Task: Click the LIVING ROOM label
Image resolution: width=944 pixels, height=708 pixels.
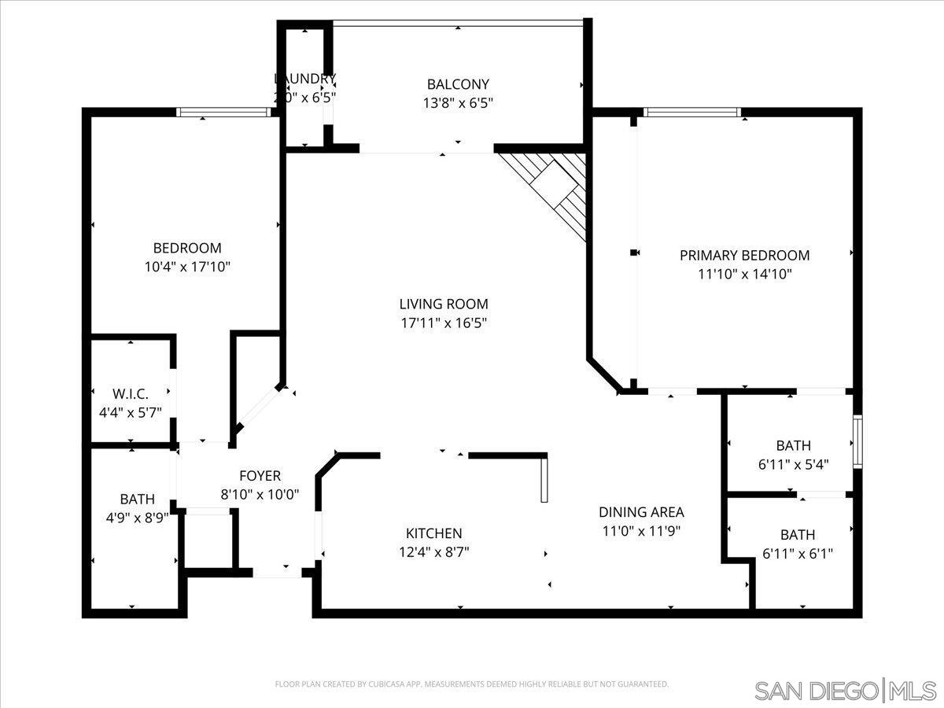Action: tap(443, 304)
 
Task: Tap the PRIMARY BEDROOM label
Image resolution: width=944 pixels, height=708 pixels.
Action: tap(744, 255)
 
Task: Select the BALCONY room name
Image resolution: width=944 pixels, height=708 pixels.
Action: tap(458, 84)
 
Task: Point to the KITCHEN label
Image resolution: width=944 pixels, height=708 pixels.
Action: tap(433, 533)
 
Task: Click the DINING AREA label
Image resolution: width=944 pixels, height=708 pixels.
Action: tap(640, 511)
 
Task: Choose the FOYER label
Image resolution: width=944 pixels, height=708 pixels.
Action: tap(260, 476)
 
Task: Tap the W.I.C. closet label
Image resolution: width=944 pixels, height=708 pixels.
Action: tap(131, 393)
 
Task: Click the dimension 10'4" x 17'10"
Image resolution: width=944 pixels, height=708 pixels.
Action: tap(187, 267)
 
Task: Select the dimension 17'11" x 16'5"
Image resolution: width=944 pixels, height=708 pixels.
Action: tap(443, 323)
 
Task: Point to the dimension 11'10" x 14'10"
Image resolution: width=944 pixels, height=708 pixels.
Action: tap(744, 274)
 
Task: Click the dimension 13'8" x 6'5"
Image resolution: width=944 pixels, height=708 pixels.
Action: tap(458, 102)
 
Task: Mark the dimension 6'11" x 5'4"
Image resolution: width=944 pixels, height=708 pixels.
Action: tap(793, 464)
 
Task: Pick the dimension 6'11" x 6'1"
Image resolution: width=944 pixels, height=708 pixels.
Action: tap(798, 554)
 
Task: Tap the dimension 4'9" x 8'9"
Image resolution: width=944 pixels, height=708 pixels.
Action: tap(138, 518)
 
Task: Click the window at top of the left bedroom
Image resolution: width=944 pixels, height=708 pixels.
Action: tap(223, 112)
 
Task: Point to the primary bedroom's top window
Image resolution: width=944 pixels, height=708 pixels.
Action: tap(691, 112)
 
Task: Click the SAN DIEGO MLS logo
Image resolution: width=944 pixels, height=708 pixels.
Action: tap(846, 691)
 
